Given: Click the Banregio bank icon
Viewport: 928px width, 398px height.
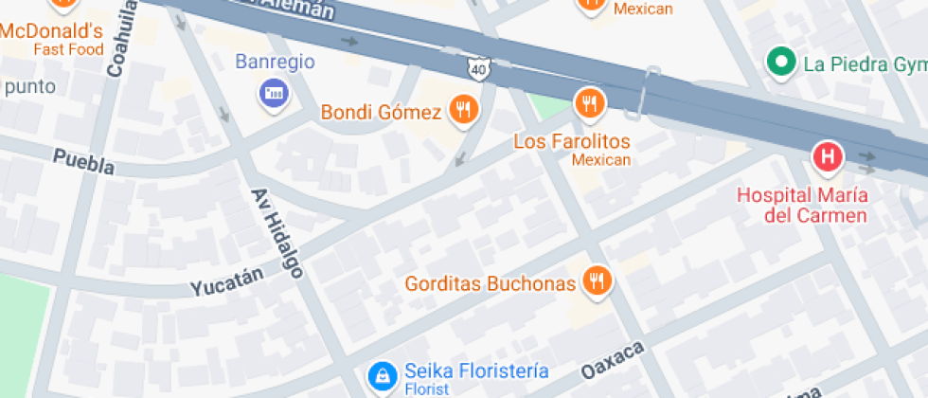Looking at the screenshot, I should pyautogui.click(x=275, y=93).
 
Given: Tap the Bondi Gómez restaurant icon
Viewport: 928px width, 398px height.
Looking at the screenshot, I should pyautogui.click(x=463, y=110).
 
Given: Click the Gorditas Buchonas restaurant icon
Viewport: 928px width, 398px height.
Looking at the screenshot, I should pyautogui.click(x=597, y=280).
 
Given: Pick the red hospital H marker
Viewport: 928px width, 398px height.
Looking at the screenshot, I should pyautogui.click(x=829, y=157).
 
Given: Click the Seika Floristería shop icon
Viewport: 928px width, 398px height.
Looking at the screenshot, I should pyautogui.click(x=383, y=376).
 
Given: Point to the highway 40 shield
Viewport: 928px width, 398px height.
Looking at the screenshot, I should pyautogui.click(x=478, y=68).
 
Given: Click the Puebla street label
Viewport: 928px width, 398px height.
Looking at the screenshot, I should pyautogui.click(x=83, y=161).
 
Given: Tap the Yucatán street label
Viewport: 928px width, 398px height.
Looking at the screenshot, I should pyautogui.click(x=226, y=281).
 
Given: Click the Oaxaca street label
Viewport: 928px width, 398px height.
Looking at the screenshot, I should pyautogui.click(x=613, y=358).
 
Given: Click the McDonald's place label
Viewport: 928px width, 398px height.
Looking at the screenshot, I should pyautogui.click(x=51, y=30).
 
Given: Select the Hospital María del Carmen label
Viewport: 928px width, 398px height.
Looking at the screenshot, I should pyautogui.click(x=802, y=206).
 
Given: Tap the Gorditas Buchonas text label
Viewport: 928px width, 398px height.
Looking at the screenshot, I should pyautogui.click(x=490, y=283).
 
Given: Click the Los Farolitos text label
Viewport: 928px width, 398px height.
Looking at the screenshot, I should pyautogui.click(x=572, y=141).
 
